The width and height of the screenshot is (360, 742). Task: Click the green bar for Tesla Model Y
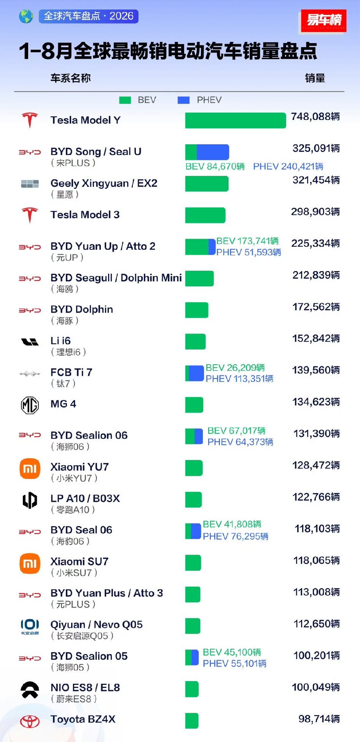(x=236, y=120)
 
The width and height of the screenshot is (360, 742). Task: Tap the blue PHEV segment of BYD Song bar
(x=213, y=152)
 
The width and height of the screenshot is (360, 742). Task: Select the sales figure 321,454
(x=316, y=180)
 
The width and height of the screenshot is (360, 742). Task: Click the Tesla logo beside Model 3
(x=30, y=215)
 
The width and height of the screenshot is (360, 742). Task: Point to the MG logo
(x=30, y=405)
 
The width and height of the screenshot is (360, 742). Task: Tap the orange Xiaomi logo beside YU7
(x=30, y=468)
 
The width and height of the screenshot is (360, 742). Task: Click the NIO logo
(x=30, y=689)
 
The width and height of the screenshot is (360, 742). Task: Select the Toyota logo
(x=30, y=721)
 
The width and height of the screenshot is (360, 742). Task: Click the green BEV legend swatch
(x=125, y=100)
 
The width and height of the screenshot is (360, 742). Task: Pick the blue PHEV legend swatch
(x=184, y=100)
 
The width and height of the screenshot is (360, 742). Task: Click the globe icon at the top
(x=26, y=16)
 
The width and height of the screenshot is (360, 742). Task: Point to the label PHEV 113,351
(x=239, y=379)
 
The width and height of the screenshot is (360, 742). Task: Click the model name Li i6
(x=61, y=341)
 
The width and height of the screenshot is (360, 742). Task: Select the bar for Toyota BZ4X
(x=192, y=721)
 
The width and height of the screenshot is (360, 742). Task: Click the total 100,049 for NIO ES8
(x=315, y=687)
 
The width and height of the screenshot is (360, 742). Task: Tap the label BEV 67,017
(x=236, y=431)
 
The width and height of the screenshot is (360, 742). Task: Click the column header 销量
(x=315, y=78)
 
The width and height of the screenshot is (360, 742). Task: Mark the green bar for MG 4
(x=194, y=405)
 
